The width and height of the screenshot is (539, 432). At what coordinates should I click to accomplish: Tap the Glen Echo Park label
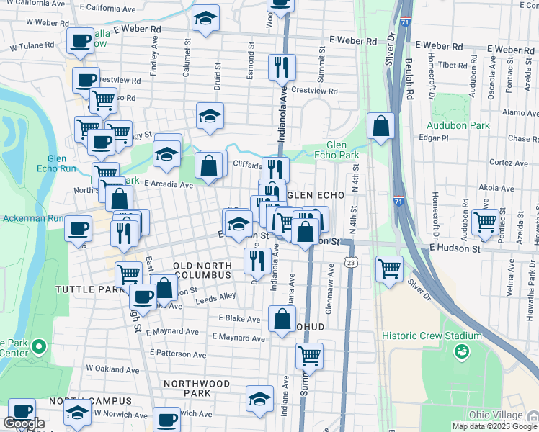[337, 149]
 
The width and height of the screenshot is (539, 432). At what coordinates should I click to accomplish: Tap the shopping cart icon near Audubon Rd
[486, 222]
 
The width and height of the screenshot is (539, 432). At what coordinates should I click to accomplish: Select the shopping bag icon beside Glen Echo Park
[380, 127]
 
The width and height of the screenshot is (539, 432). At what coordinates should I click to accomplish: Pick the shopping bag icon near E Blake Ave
[282, 319]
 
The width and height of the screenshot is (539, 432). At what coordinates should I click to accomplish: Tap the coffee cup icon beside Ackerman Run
[79, 230]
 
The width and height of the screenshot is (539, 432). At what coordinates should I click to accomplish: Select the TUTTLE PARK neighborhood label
[81, 289]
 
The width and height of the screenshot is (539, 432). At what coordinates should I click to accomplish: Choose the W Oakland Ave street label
[113, 368]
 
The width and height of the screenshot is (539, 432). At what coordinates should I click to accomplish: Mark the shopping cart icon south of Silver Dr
[389, 269]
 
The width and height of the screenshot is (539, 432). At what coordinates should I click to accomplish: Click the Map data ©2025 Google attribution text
[494, 426]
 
